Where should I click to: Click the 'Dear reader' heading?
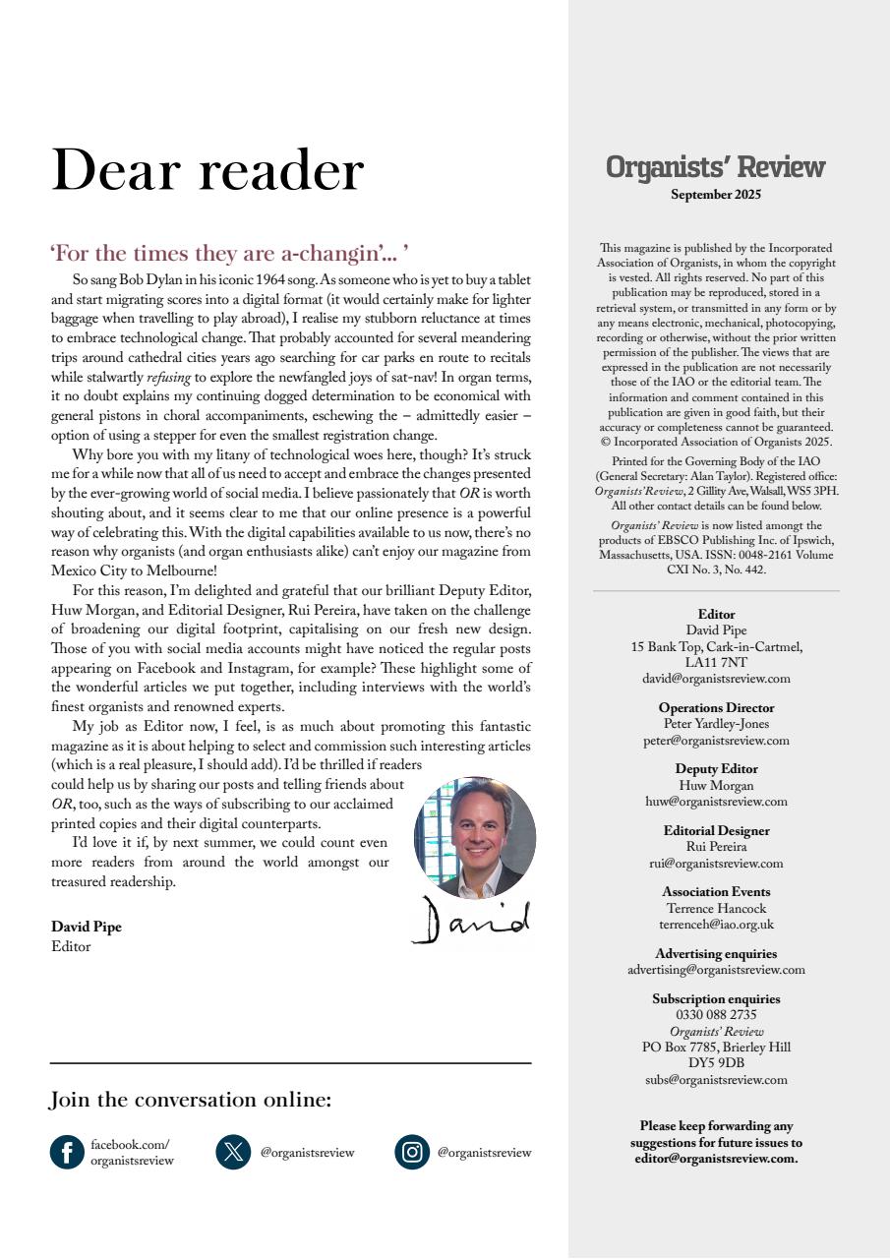[x=208, y=170]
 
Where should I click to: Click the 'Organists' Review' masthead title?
[x=715, y=167]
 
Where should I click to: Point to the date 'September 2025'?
[x=715, y=195]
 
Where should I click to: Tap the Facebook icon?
[x=67, y=1152]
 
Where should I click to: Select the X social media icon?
[x=233, y=1152]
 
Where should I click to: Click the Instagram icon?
[x=413, y=1152]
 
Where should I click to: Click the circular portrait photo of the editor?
[x=475, y=837]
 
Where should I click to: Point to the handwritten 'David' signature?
[x=471, y=921]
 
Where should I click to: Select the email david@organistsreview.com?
[x=716, y=679]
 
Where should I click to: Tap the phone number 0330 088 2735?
[x=716, y=1015]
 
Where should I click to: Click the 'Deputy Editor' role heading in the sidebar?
[x=716, y=769]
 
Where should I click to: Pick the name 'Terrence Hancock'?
[x=716, y=909]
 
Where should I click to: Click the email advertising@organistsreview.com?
[x=716, y=970]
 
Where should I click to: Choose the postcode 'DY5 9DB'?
[x=716, y=1063]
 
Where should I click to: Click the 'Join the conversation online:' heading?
[x=191, y=1100]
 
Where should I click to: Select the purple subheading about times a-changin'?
[x=230, y=254]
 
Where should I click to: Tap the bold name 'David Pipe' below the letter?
[x=87, y=927]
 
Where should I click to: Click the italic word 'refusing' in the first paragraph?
[x=169, y=377]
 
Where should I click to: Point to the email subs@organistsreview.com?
[x=716, y=1080]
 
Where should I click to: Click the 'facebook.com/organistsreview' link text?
[x=132, y=1153]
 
